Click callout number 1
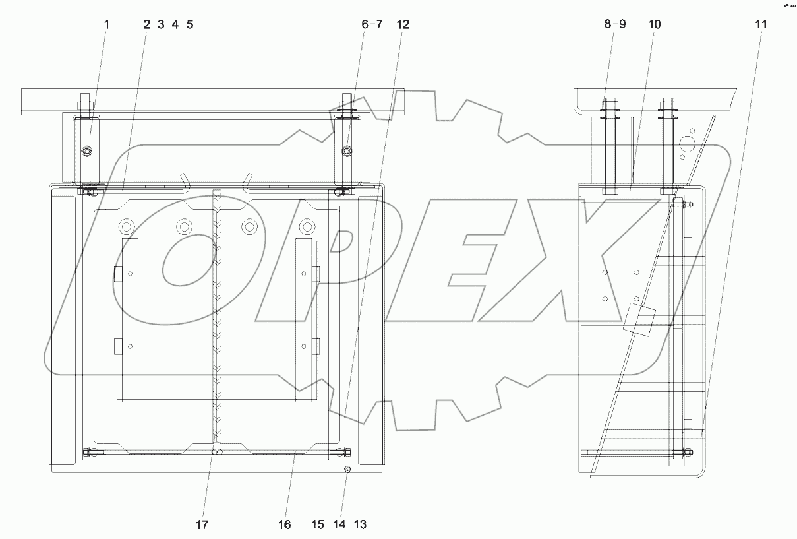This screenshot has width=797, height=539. pos(107,24)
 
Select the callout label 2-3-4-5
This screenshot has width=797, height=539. pos(168,24)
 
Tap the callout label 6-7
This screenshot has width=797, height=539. pos(371,24)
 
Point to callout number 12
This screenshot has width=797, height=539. pos(403,24)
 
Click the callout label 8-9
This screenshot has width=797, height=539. pos(614,24)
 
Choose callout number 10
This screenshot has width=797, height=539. pos(654,24)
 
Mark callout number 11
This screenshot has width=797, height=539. pos(761,24)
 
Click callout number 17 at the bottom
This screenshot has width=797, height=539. pos(202,524)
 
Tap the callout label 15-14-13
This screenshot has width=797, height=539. pos(339,524)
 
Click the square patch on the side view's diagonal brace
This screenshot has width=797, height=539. pos(637,321)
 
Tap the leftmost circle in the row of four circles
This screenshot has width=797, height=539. pos(125,227)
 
